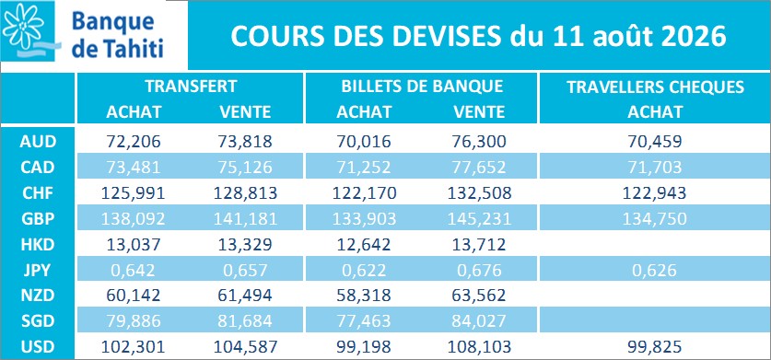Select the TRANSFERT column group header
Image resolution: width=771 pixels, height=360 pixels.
(191, 87)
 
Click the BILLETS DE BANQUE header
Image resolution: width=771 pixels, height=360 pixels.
(423, 87)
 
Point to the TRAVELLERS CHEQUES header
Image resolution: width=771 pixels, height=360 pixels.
(656, 87)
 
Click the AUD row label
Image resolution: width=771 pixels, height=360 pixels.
(38, 142)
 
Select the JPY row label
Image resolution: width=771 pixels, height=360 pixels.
(38, 270)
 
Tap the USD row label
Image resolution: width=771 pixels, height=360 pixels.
(38, 347)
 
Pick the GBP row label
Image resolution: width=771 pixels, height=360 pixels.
(38, 218)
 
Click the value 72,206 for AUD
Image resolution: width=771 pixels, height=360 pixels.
(134, 142)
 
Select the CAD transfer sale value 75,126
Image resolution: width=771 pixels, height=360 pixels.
(245, 168)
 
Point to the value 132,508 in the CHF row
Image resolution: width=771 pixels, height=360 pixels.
(479, 193)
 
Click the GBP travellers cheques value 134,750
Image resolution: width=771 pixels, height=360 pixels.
(654, 219)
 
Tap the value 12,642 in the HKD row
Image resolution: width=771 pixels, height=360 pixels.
(364, 244)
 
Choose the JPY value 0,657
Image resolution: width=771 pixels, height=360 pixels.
(245, 270)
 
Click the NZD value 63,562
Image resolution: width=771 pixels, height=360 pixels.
(479, 296)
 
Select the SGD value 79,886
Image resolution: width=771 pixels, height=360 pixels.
(134, 321)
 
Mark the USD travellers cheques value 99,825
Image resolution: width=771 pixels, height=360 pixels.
(654, 347)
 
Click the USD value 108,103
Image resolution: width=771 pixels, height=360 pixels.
(479, 347)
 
